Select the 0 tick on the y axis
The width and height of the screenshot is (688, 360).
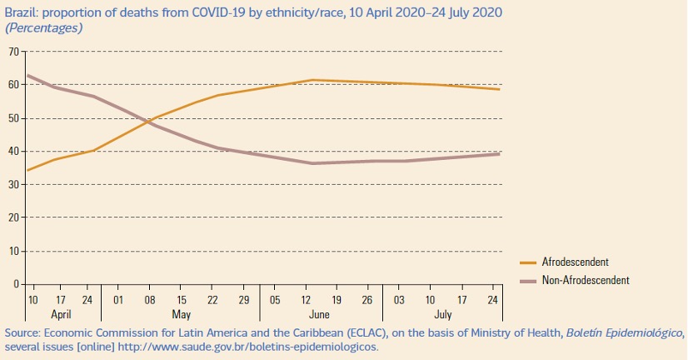pos(17,284)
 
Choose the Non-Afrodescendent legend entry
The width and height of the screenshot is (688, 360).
pos(586,280)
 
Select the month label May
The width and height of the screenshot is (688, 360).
pos(182,314)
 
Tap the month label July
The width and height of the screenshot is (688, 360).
pos(443,314)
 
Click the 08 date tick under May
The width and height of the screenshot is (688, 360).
pos(151,298)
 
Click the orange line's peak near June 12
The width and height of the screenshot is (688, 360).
pos(311,80)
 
